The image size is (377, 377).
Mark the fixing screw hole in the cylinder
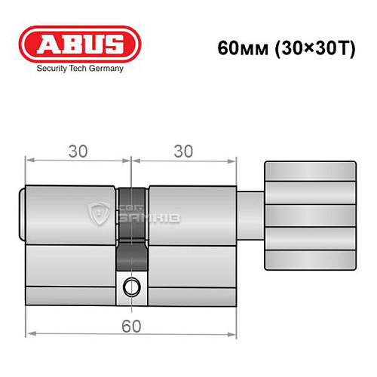[x=133, y=286]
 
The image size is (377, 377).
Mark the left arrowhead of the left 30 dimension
[x=29, y=160]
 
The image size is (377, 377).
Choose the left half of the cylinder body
[x=72, y=241]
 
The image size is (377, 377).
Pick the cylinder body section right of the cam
[x=192, y=241]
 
